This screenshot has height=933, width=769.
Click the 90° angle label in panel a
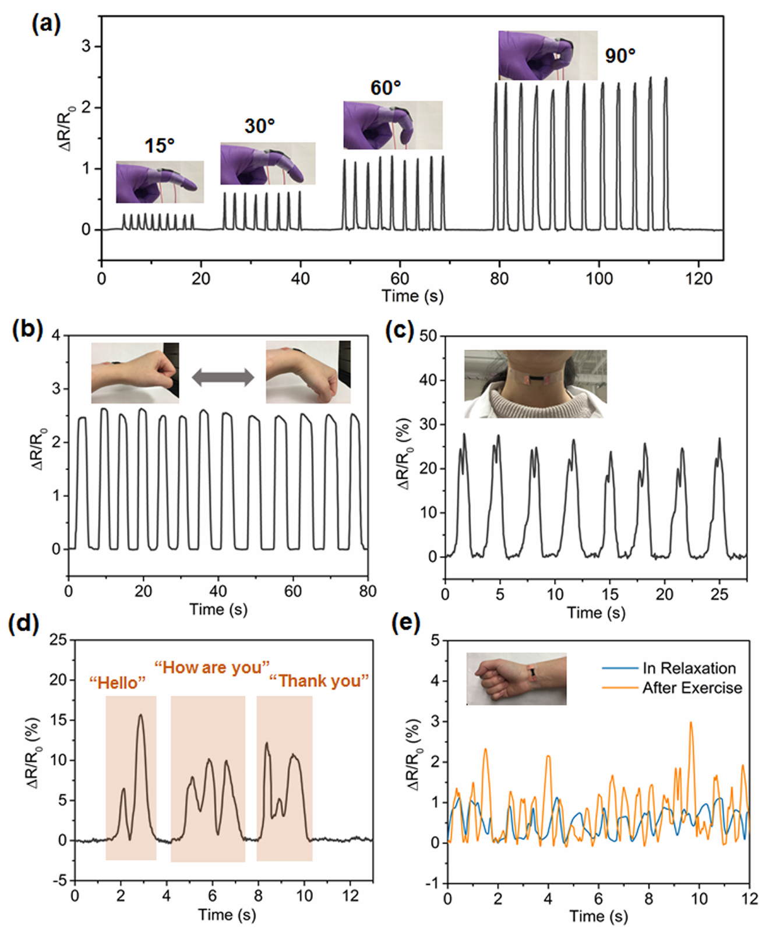(620, 56)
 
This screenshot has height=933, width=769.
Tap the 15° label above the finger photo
(160, 146)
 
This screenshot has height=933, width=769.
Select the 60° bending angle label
(386, 88)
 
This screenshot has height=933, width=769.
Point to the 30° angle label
(259, 126)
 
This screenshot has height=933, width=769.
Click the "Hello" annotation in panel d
(117, 682)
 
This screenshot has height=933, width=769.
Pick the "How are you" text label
(212, 667)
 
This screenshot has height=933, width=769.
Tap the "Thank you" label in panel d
(319, 681)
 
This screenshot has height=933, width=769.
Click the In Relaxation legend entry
(689, 668)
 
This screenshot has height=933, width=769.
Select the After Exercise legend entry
(692, 688)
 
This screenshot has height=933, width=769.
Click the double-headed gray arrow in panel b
(223, 377)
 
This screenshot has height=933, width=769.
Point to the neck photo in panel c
(535, 383)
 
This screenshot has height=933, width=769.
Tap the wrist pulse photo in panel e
(516, 678)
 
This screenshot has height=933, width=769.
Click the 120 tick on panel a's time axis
(699, 280)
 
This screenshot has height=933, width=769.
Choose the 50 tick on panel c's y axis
(428, 336)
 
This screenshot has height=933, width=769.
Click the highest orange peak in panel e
(691, 723)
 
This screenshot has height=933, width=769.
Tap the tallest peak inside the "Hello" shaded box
(140, 715)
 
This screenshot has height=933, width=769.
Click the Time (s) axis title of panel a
(412, 296)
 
